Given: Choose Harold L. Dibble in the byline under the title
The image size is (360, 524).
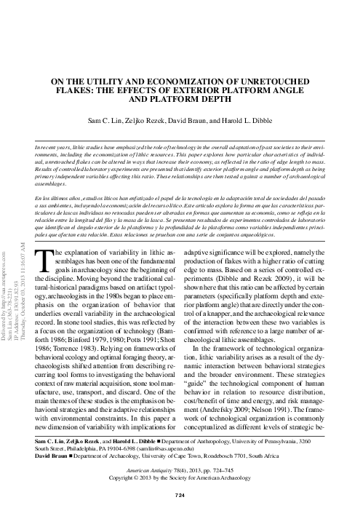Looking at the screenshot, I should tap(259, 118).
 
